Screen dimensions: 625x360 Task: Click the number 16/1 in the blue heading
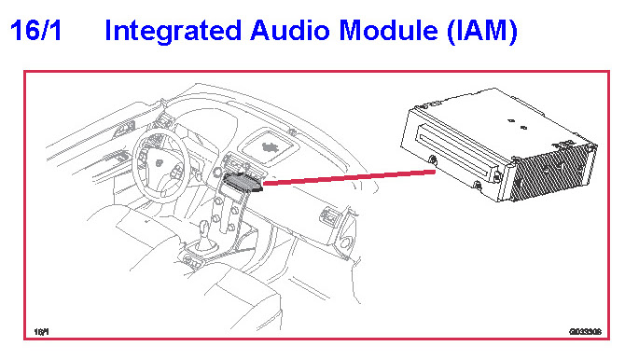click(x=35, y=31)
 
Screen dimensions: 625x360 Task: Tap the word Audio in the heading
click(x=290, y=31)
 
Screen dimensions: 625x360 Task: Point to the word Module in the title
click(x=389, y=31)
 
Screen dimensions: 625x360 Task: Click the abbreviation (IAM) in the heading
click(x=482, y=32)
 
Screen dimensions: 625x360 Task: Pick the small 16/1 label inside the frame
click(x=41, y=332)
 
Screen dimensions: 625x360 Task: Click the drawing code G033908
click(x=585, y=332)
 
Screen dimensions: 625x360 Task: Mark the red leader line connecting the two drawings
click(x=349, y=177)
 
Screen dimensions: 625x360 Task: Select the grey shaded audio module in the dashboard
click(x=243, y=183)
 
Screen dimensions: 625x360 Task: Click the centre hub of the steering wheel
click(x=160, y=163)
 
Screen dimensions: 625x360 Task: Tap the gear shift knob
click(x=204, y=228)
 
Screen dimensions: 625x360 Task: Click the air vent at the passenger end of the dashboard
click(x=330, y=215)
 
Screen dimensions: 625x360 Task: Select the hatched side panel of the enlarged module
click(x=553, y=172)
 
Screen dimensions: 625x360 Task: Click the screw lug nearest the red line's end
click(x=433, y=160)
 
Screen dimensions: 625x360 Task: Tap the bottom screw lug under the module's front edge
click(x=477, y=186)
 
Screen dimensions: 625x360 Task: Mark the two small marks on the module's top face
click(x=518, y=124)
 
